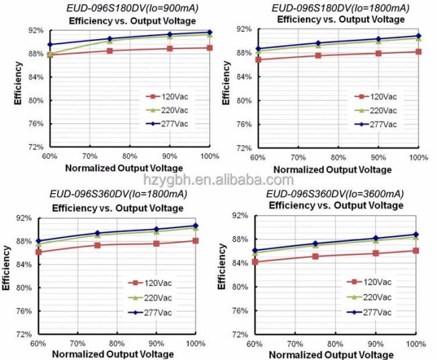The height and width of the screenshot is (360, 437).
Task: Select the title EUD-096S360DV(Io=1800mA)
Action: [118, 195]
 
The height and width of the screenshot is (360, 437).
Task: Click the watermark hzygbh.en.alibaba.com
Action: [218, 180]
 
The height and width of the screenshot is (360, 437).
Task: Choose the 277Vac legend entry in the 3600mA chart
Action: [376, 312]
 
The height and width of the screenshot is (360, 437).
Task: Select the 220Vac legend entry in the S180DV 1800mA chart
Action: [383, 110]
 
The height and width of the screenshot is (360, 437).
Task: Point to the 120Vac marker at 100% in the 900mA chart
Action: [210, 48]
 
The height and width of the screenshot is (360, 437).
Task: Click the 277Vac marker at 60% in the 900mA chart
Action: [50, 44]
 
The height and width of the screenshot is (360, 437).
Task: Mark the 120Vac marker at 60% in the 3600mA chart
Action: [255, 262]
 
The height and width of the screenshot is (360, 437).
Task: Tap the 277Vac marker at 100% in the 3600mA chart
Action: [416, 235]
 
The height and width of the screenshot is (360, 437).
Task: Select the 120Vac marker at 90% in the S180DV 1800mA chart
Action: [379, 53]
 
